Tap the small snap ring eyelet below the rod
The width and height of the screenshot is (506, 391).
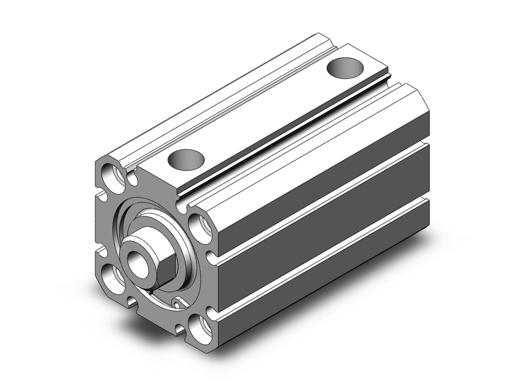point(177,303)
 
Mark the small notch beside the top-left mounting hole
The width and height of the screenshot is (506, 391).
point(133,179)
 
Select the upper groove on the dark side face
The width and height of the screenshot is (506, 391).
point(324,198)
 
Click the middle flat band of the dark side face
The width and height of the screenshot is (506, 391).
point(324,228)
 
